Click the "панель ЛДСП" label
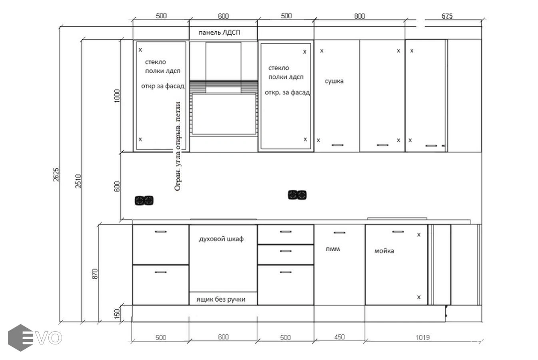[x=219, y=32]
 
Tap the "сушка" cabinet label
[x=334, y=81]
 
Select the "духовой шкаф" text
[x=221, y=239]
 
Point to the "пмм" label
[x=333, y=249]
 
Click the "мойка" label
[x=384, y=251]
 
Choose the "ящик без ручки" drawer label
[x=221, y=300]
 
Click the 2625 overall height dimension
[x=56, y=174]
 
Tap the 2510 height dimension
[x=78, y=181]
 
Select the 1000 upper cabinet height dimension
[x=117, y=96]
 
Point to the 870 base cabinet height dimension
[x=95, y=274]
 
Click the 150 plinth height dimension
[x=117, y=314]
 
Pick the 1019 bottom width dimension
[x=423, y=338]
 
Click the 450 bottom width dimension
[x=339, y=337]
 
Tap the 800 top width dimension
[x=360, y=16]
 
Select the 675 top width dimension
[x=447, y=16]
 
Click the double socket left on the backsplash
[x=144, y=200]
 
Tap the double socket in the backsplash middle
[x=297, y=195]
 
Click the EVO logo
[x=35, y=338]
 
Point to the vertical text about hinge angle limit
[x=178, y=146]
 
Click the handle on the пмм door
[x=339, y=233]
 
